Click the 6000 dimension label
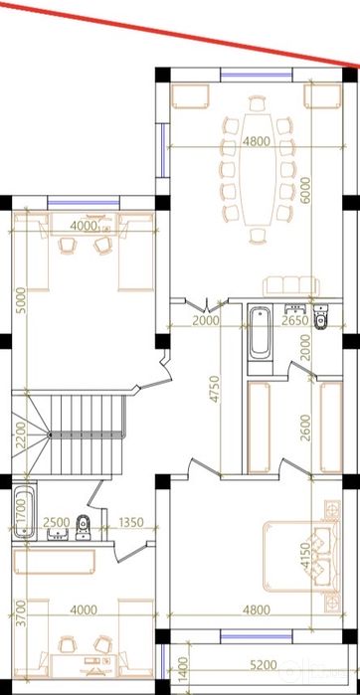coord(305,190)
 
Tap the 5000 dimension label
coord(21,301)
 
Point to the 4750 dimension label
coord(215,389)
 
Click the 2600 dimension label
coord(305,428)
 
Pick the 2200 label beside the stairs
coord(21,435)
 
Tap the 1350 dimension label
coord(131,522)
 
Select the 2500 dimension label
coord(58,522)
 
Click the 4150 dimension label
coord(305,555)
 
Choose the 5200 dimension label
coord(264,665)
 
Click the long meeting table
coord(258,169)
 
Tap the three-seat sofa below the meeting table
coord(290,286)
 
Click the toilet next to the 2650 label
coord(320,317)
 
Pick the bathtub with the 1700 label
coord(24,513)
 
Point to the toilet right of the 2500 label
coord(83,527)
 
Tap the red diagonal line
coord(180,33)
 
